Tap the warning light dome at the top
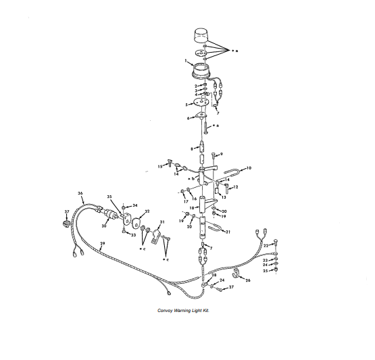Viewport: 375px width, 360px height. [202, 35]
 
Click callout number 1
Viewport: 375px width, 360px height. [184, 61]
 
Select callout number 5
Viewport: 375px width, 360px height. [186, 105]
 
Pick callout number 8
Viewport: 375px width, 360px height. [193, 148]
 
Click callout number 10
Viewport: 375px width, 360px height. [249, 167]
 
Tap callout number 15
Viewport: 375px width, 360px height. [161, 165]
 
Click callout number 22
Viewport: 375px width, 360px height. [266, 245]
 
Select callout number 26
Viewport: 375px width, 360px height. [248, 279]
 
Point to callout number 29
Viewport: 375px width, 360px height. [103, 243]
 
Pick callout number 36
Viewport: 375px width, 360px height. [80, 194]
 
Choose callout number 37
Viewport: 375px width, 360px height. [66, 211]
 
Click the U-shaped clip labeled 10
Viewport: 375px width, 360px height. [232, 174]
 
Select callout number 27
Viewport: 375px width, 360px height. [230, 288]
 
